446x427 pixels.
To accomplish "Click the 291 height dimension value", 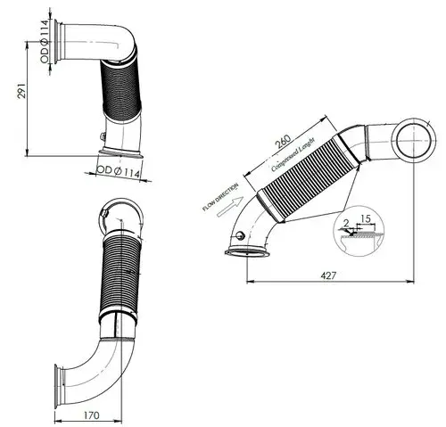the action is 21,90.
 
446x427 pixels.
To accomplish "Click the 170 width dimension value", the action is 92,415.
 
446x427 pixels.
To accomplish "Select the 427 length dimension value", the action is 328,275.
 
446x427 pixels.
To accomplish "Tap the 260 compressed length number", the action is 283,142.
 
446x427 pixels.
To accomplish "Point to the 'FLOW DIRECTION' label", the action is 220,197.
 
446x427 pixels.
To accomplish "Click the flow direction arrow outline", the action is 230,207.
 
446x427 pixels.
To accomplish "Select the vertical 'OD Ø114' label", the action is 44,41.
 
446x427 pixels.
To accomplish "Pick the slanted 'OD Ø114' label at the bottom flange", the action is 119,172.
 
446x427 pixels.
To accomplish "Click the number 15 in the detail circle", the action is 366,219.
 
